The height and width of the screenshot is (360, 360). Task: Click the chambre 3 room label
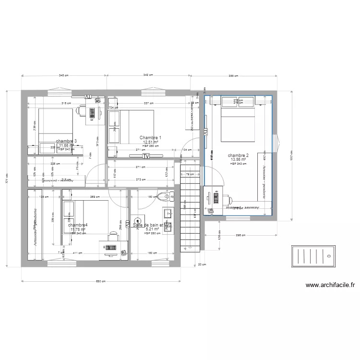coord(66,141)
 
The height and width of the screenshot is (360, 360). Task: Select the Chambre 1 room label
coord(150,138)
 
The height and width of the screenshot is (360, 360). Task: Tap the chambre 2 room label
coord(238,156)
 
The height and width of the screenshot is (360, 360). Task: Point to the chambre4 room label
coord(78,225)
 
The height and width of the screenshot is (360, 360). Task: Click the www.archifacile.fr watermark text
coord(330,285)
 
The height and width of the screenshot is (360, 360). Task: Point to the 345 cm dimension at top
coord(63,75)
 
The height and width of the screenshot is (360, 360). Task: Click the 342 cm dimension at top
coord(148,75)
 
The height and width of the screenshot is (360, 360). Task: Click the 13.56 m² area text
coord(238,160)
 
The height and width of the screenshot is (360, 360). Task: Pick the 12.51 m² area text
coord(150,142)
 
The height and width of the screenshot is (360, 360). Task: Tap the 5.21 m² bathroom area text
coord(152,229)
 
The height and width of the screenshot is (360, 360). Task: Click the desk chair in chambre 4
coord(113,236)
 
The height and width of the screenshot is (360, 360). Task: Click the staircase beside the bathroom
coord(190,206)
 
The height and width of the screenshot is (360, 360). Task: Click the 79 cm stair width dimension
coord(190,174)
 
